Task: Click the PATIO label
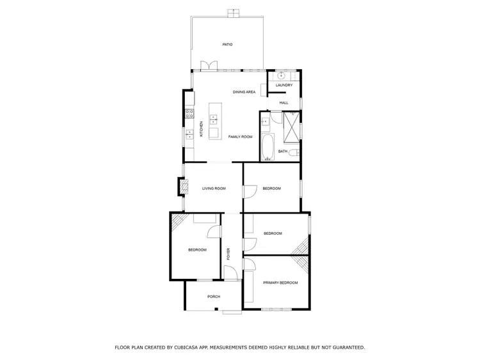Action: point(227,45)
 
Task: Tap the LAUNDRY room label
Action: point(284,85)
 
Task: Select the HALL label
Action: point(284,102)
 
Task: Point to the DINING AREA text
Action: point(244,92)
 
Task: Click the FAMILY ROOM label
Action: point(241,137)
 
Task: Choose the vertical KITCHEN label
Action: point(202,129)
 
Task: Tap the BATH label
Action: point(282,152)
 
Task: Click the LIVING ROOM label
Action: point(214,189)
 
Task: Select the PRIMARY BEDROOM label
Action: point(280,282)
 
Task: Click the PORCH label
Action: point(214,297)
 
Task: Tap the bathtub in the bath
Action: point(267,147)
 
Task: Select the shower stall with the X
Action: point(291,126)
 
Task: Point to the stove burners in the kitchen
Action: point(189,114)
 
